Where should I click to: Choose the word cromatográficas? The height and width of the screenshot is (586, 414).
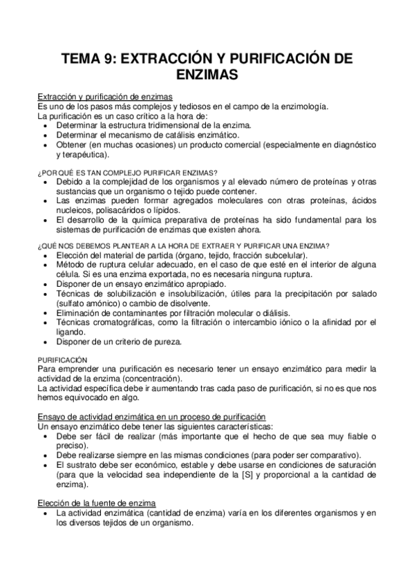tap(124, 322)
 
